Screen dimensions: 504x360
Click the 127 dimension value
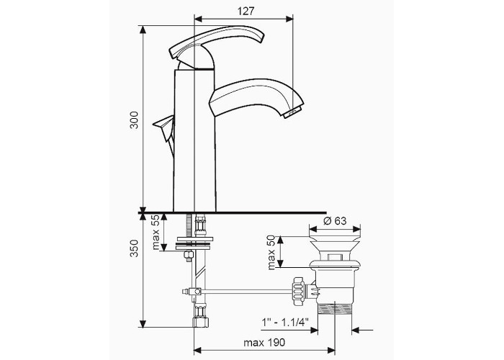point(246,12)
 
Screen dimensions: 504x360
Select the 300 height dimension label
point(134,120)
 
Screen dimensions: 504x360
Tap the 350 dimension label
point(134,248)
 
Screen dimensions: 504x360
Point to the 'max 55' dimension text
point(156,233)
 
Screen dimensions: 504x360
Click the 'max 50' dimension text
point(271,253)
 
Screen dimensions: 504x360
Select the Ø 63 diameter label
point(335,221)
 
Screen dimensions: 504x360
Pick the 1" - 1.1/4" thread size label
point(285,321)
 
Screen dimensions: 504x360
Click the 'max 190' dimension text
point(264,343)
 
